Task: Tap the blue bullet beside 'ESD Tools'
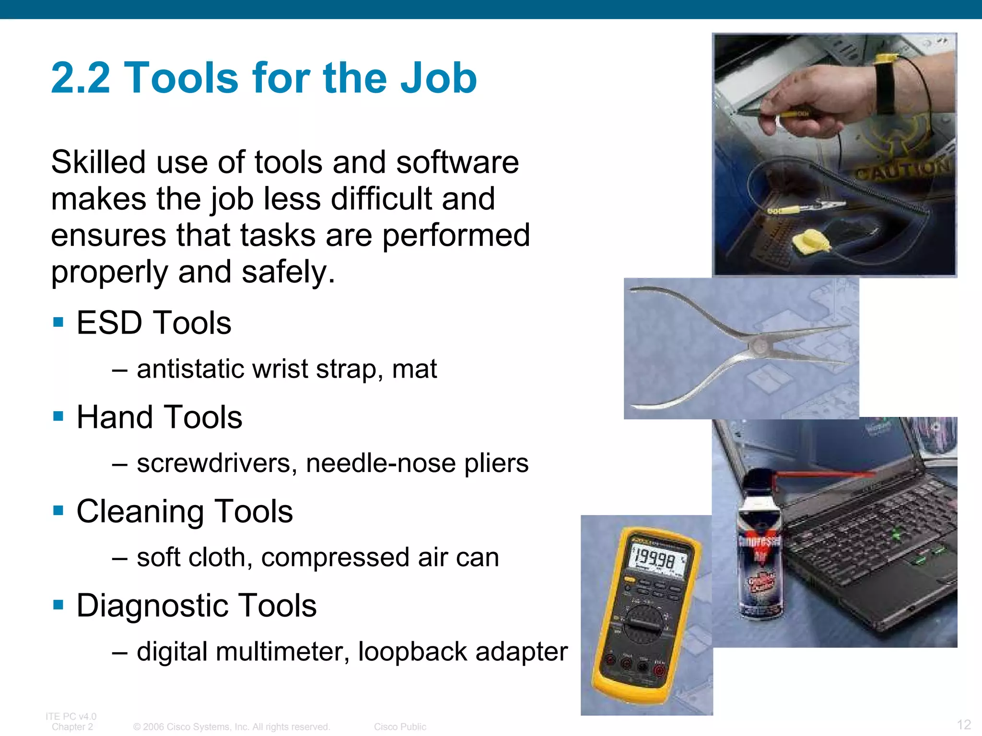click(x=58, y=322)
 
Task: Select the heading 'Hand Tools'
click(x=159, y=417)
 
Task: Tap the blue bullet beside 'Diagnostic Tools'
click(x=58, y=605)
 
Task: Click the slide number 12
click(x=964, y=724)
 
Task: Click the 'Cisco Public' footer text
click(x=400, y=727)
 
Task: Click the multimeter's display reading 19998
click(x=655, y=559)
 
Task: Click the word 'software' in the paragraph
click(x=457, y=162)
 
